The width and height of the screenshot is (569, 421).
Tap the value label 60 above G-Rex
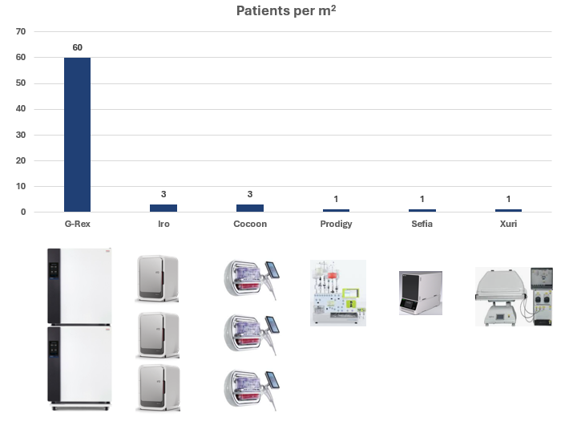(77, 47)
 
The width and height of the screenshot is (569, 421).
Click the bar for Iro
(163, 208)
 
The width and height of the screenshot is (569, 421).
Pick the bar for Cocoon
(250, 208)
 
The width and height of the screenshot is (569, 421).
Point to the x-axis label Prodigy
(336, 224)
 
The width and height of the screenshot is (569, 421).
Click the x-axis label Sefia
(422, 224)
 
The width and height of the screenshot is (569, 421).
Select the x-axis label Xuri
(508, 224)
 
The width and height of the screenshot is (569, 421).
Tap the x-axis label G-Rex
(77, 224)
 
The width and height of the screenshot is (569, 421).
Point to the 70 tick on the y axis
(22, 31)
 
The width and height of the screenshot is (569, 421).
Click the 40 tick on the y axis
(22, 109)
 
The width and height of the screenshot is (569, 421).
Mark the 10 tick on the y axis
(22, 186)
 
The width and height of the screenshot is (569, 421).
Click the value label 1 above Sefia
(422, 199)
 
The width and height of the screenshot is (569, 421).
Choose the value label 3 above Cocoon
(250, 194)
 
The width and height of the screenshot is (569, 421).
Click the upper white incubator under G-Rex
(78, 285)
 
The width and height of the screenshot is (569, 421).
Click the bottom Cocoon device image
(250, 387)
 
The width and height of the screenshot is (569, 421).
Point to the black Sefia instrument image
(420, 293)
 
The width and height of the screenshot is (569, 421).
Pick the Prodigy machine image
(338, 292)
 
